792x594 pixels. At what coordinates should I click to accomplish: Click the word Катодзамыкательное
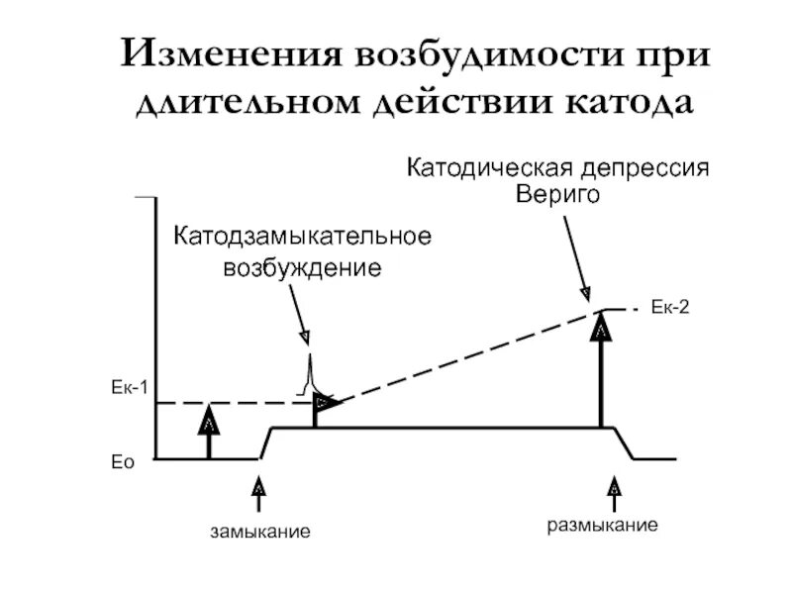click(303, 240)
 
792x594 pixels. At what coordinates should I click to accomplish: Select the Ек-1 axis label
click(128, 387)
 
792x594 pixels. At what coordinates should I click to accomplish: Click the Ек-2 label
click(669, 309)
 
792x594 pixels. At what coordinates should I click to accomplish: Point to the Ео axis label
click(121, 460)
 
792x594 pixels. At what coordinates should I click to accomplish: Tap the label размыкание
click(603, 525)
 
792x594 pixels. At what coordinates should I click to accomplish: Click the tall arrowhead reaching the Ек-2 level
click(600, 327)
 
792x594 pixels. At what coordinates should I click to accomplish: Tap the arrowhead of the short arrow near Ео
click(208, 420)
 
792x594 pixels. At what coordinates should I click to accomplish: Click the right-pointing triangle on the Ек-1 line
click(325, 402)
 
